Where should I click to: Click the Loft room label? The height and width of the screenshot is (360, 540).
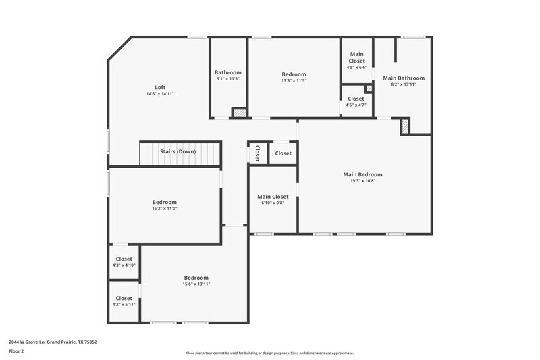160,87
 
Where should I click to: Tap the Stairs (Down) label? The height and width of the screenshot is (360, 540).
178,151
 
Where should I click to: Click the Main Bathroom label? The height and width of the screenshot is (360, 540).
404,78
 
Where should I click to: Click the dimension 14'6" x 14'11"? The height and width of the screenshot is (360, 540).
160,94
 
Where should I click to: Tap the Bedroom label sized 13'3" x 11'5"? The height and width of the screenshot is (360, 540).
294,74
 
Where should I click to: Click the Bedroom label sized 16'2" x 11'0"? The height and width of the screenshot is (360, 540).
165,202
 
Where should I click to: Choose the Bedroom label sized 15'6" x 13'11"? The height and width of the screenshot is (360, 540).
196,278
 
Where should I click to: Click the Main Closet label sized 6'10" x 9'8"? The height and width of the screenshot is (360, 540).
273,197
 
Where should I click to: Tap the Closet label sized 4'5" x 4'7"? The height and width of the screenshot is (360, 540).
356,99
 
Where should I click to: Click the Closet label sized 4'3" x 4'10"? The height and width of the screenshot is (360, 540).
124,259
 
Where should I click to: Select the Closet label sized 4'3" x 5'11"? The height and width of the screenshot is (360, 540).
124,298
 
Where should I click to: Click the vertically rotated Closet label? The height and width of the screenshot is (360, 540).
257,153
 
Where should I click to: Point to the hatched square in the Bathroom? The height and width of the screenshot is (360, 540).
238,112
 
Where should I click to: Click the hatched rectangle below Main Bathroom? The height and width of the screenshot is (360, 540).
405,126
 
